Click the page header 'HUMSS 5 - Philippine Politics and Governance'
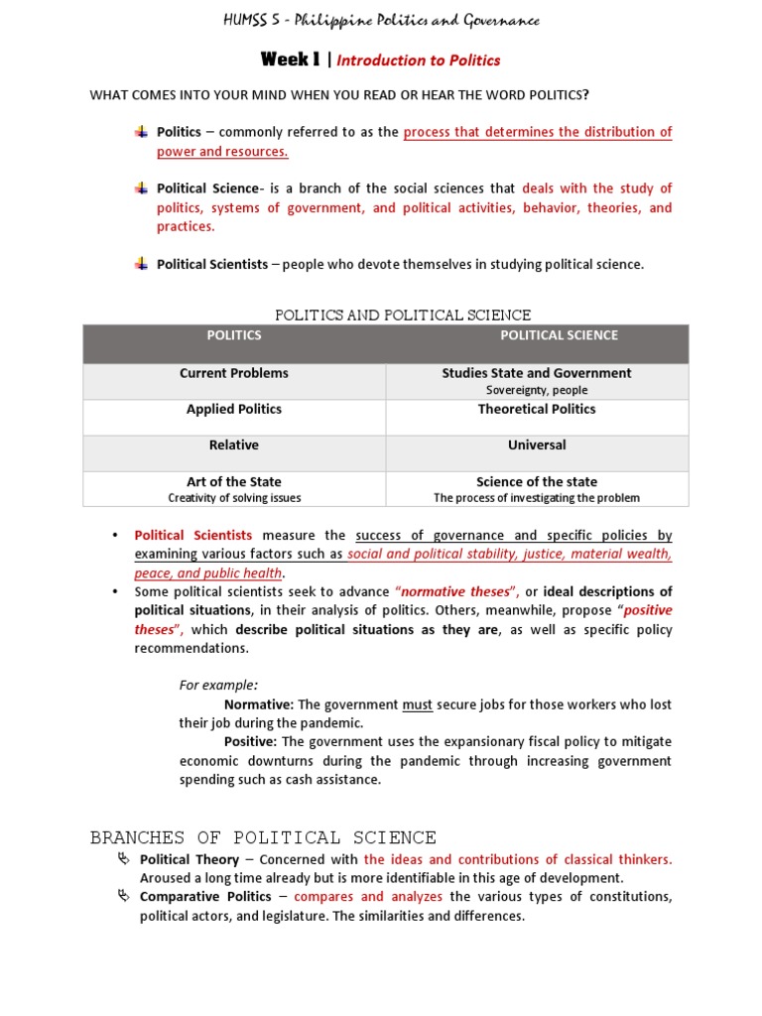(x=381, y=21)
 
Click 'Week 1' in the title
(x=290, y=60)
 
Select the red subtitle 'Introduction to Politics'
(x=419, y=61)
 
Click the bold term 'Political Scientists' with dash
(x=212, y=264)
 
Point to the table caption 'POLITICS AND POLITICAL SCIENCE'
(x=402, y=315)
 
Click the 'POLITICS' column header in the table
(x=234, y=335)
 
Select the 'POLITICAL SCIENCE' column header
(x=559, y=335)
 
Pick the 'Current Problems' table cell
(x=234, y=373)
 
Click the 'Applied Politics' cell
(x=234, y=409)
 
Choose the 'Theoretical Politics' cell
(x=537, y=409)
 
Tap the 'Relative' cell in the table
(x=234, y=445)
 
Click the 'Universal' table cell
(x=537, y=445)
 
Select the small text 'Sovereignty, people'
(x=537, y=390)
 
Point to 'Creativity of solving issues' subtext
(x=234, y=498)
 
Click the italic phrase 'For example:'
(x=218, y=685)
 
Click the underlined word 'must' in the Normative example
(x=417, y=704)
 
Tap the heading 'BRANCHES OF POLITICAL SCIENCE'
(x=263, y=837)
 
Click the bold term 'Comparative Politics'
(x=205, y=897)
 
